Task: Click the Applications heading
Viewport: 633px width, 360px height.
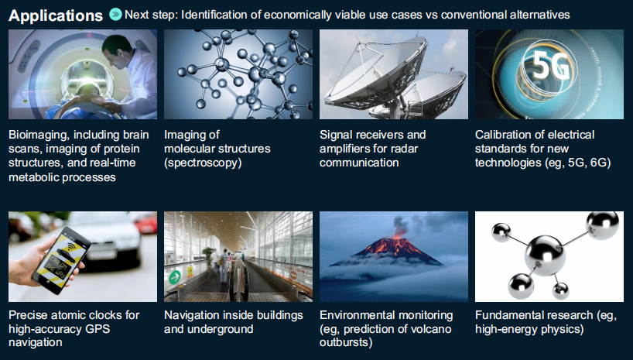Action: (x=56, y=15)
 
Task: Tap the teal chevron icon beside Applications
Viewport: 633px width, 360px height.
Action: (x=115, y=15)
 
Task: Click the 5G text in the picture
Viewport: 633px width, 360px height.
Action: (x=551, y=67)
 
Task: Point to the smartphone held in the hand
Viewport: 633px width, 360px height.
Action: (x=61, y=260)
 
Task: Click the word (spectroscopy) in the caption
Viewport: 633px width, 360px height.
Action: (x=203, y=163)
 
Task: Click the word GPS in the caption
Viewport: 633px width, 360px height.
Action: (x=98, y=329)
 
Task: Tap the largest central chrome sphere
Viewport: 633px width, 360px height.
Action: (x=545, y=255)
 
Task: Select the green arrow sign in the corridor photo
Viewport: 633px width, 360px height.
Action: (x=175, y=277)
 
